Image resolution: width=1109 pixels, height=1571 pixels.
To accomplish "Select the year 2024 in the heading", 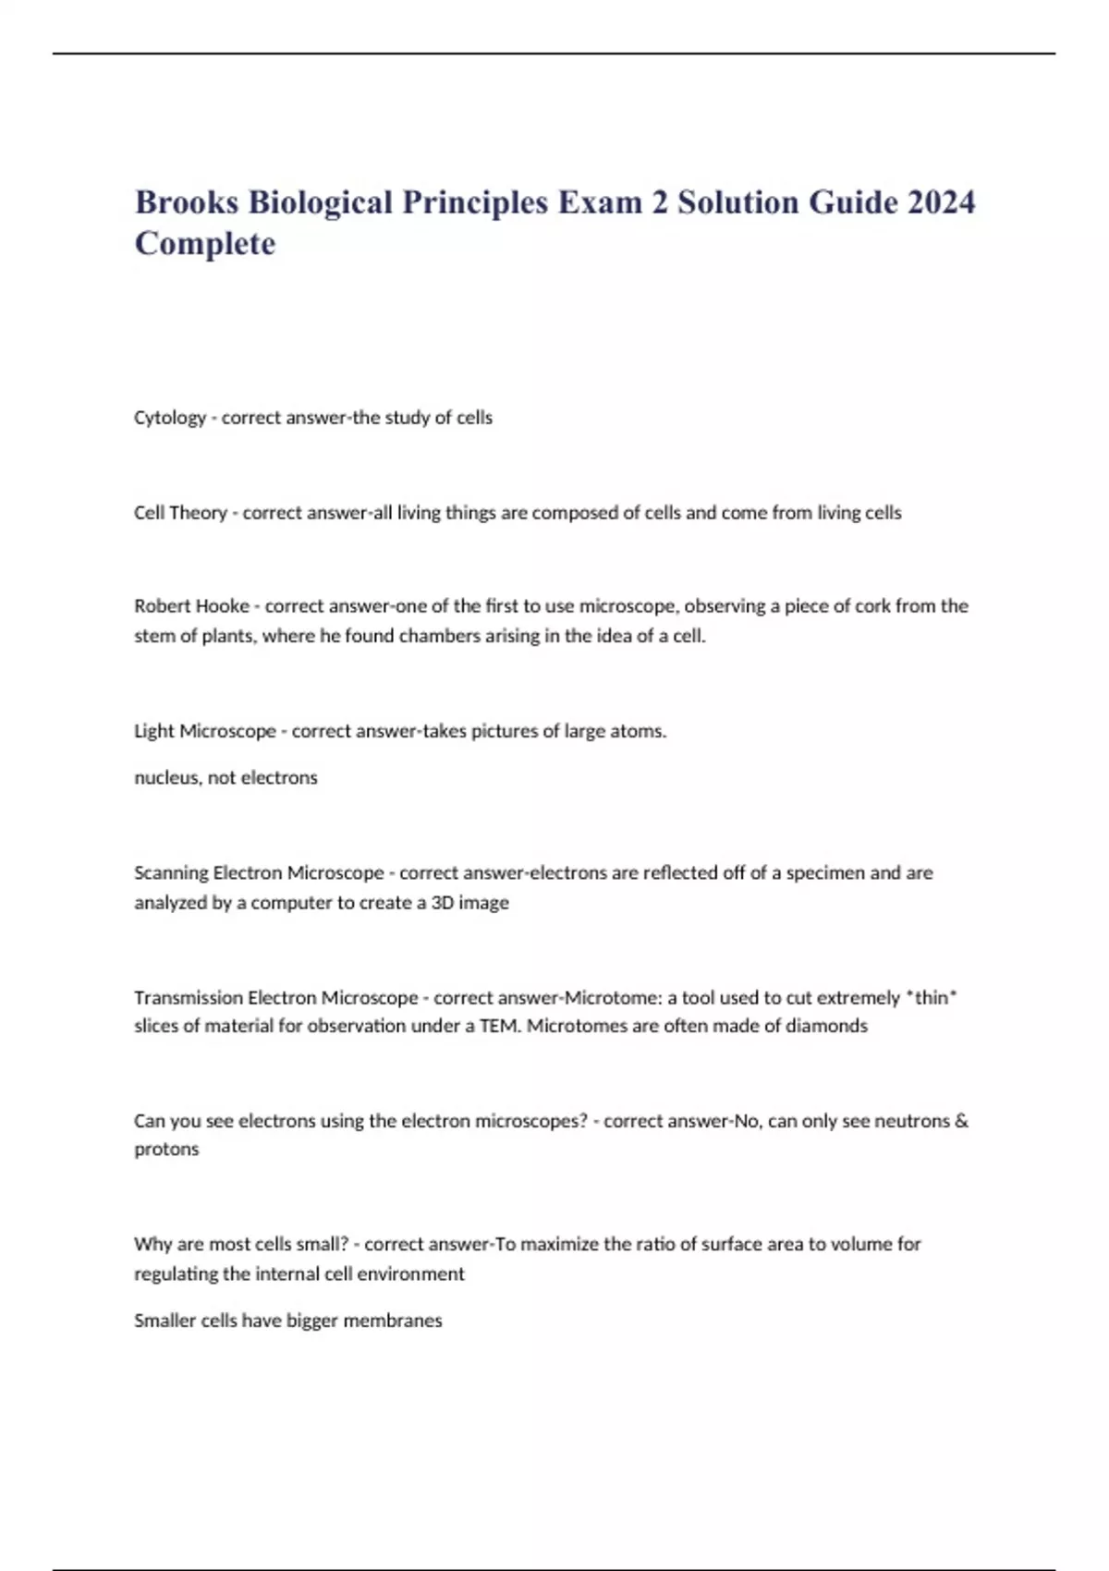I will pyautogui.click(x=941, y=202).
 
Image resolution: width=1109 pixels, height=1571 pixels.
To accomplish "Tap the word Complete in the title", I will pyautogui.click(x=205, y=244).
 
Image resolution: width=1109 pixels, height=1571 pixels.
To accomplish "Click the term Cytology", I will pyautogui.click(x=170, y=418).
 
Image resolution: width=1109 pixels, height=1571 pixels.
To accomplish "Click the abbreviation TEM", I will pyautogui.click(x=499, y=1026).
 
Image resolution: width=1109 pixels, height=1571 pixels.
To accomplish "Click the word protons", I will pyautogui.click(x=166, y=1150).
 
